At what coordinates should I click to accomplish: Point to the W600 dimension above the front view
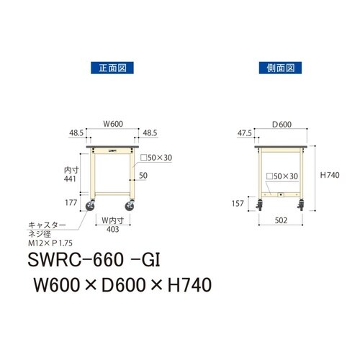pyautogui.click(x=112, y=124)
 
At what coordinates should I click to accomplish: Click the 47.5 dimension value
pyautogui.click(x=246, y=133)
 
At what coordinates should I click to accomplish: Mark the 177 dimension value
pyautogui.click(x=70, y=204)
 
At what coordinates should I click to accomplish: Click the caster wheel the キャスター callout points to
pyautogui.click(x=91, y=208)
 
